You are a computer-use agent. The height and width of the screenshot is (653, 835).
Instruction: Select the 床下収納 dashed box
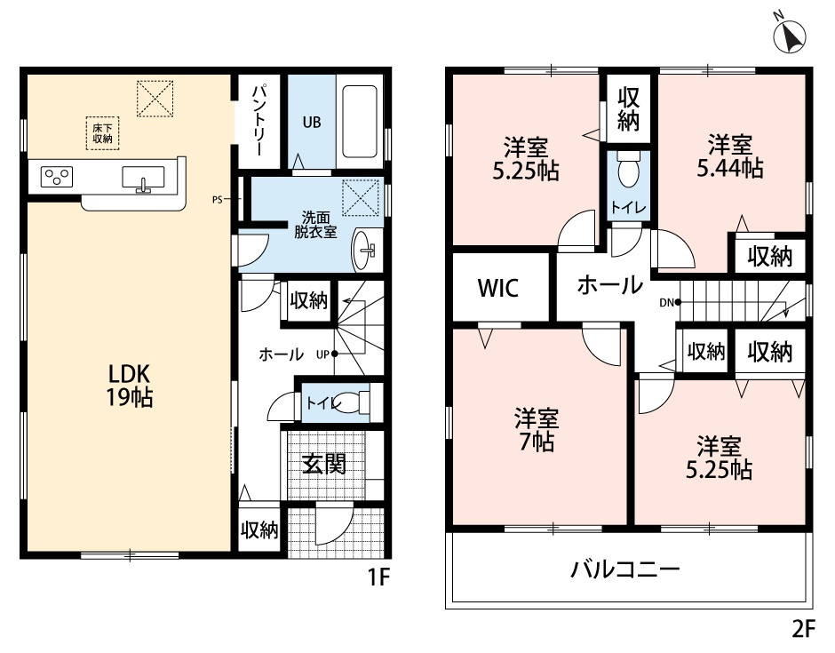coord(102,133)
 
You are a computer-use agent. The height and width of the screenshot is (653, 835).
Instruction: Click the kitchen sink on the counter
coord(142,179)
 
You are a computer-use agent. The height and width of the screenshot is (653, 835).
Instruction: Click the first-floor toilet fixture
coord(352,402)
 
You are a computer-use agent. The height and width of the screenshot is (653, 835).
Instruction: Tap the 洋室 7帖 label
coord(536,429)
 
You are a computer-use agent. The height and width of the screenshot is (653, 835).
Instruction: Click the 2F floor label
coord(803,629)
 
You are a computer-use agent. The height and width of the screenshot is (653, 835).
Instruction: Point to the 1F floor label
coord(379,577)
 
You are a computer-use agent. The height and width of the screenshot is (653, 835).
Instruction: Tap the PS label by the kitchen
coord(217,200)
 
